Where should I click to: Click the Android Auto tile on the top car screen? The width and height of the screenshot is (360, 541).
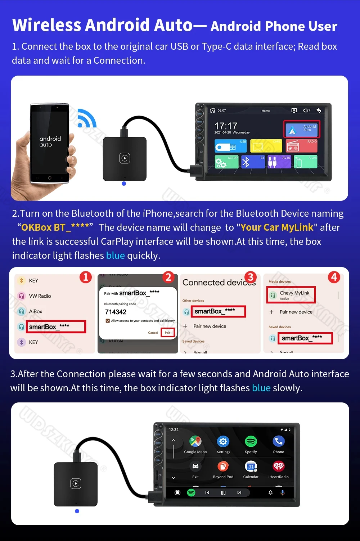[x=302, y=129]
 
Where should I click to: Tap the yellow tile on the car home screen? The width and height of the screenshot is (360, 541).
[x=266, y=146]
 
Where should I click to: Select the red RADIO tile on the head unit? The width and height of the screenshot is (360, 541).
[x=301, y=146]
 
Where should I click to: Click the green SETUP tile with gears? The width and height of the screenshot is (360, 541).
[x=226, y=162]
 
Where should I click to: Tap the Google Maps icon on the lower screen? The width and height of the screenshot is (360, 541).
[x=195, y=441]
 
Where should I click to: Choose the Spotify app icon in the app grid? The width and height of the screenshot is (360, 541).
[x=251, y=441]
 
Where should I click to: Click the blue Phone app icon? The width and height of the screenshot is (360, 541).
[x=279, y=441]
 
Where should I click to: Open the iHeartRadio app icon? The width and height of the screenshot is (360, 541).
[x=279, y=466]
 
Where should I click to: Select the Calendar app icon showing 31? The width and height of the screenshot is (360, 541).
[x=251, y=466]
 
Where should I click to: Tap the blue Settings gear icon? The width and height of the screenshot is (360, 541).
[x=223, y=441]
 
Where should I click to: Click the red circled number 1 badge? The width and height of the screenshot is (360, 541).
[x=86, y=277]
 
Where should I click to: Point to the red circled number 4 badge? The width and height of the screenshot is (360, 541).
[x=334, y=277]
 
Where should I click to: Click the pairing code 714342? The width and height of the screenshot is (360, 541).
[x=116, y=312]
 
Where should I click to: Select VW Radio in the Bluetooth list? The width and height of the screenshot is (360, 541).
[x=40, y=296]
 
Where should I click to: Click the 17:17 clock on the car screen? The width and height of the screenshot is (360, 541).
[x=226, y=126]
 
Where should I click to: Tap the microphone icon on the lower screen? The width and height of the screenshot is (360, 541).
[x=283, y=492]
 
